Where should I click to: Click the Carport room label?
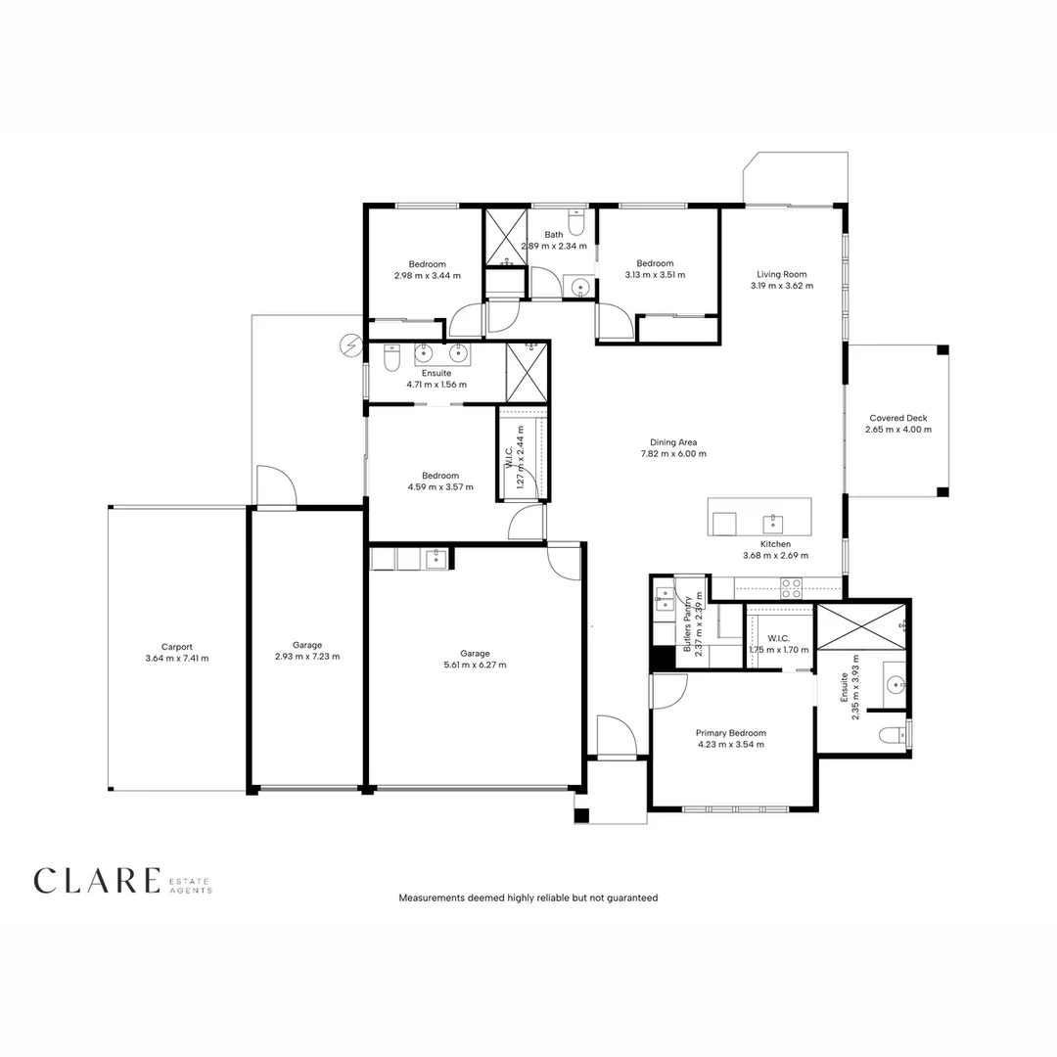pos(177,646)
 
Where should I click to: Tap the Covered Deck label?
pos(897,418)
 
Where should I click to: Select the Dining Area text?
pos(672,442)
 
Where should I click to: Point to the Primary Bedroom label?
pos(730,732)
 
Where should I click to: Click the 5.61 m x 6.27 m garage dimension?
pos(475,665)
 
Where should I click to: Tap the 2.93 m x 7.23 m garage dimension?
pos(307,657)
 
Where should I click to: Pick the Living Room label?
pos(781,274)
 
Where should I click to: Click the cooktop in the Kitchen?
pos(791,588)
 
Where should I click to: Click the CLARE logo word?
pos(96,880)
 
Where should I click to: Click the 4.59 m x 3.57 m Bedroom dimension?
pos(439,486)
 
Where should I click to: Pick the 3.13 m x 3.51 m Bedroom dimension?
pos(655,275)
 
